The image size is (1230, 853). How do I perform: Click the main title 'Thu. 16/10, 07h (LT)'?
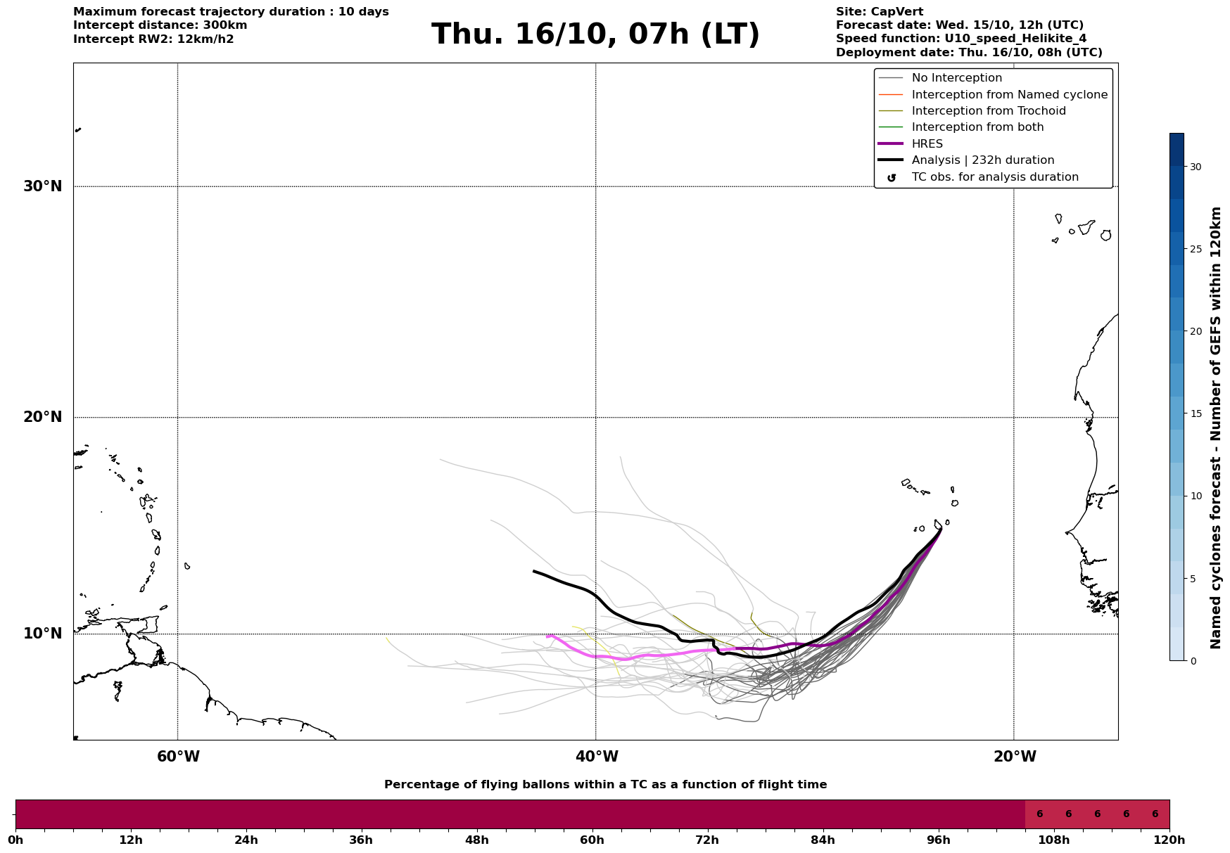point(595,34)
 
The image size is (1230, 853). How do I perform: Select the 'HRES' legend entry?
point(927,144)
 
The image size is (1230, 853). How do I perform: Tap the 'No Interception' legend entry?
point(956,78)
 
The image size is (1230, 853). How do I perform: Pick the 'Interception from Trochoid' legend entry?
point(988,111)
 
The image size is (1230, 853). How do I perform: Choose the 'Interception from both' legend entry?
point(977,127)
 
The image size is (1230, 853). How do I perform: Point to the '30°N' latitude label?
point(43,186)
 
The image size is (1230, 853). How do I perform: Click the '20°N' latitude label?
point(43,417)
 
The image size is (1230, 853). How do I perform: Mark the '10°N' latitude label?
point(43,634)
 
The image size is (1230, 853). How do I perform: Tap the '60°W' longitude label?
point(178,757)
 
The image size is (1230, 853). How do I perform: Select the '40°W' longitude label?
point(597,757)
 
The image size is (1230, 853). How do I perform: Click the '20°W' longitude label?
point(1015,757)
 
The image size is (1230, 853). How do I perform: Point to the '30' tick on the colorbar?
point(1196,167)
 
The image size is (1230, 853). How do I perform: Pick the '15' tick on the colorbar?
point(1196,413)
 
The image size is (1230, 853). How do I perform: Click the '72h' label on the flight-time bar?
point(707,840)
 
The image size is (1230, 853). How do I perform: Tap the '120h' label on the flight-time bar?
point(1169,840)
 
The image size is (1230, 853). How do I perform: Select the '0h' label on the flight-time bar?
point(15,840)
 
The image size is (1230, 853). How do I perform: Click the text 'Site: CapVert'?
point(879,12)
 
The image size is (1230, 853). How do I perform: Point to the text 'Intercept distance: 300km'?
point(160,25)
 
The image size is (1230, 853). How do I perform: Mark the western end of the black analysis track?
point(534,571)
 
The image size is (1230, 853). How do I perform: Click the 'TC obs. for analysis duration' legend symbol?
point(892,178)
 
